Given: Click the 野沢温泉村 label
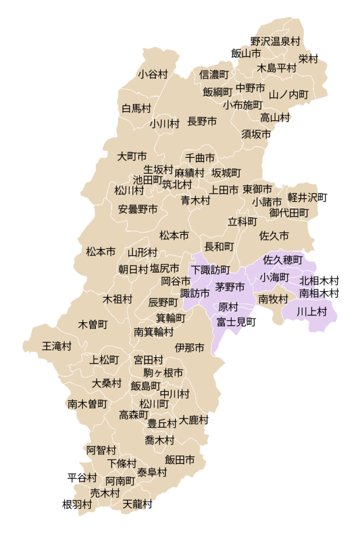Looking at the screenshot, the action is click(275, 41).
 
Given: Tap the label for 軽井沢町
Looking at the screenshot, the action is click(307, 198).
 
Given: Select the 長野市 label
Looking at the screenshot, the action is click(202, 122).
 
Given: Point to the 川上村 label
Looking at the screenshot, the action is click(312, 312).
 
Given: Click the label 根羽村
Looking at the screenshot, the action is click(77, 504).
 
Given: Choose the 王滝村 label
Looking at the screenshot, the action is click(57, 346).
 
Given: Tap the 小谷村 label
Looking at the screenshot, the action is click(153, 74).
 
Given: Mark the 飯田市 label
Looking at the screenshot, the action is click(180, 460).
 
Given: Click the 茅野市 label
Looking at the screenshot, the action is click(230, 287).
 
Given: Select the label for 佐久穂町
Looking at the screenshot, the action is click(283, 259).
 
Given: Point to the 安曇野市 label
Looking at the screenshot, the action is click(138, 209).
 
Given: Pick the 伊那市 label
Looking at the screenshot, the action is click(190, 348).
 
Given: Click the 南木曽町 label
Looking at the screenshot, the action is click(88, 403).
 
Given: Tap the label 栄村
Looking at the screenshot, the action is click(308, 59).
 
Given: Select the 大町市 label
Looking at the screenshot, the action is click(132, 156).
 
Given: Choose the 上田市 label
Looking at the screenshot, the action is click(224, 190).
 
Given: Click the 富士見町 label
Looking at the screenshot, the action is click(237, 322).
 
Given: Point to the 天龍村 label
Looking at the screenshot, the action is click(138, 504).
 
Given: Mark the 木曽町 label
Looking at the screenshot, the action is click(93, 325).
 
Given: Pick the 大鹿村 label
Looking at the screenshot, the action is click(194, 420).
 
